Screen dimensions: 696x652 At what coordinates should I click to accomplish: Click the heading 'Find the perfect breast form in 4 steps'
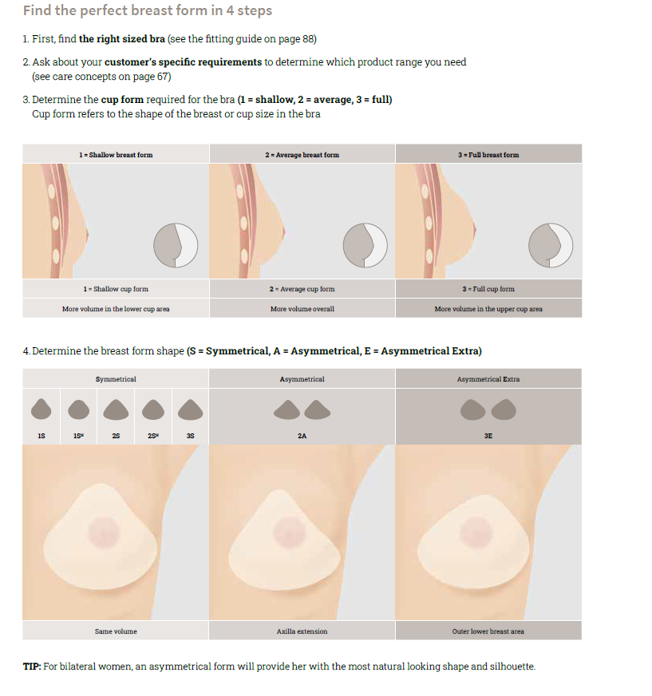[x=148, y=11]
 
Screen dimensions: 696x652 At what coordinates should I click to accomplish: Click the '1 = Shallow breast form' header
[x=116, y=155]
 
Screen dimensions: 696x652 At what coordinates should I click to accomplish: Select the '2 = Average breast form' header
[x=302, y=155]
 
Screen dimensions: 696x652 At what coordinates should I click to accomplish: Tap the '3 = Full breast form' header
[x=488, y=155]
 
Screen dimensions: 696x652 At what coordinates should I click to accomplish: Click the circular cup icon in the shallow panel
[x=175, y=245]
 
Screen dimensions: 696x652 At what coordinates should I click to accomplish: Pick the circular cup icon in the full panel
[x=550, y=245]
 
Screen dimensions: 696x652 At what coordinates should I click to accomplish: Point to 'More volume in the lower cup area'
[x=116, y=309]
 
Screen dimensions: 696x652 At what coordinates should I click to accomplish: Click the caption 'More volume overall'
[x=302, y=309]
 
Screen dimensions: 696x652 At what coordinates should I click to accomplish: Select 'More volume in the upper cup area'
[x=488, y=309]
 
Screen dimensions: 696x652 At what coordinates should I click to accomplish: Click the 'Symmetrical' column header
[x=116, y=379]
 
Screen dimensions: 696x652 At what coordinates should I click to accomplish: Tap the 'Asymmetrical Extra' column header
[x=488, y=379]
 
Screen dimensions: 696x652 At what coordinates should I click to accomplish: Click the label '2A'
[x=302, y=437]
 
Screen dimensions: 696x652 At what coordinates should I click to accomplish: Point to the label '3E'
[x=488, y=437]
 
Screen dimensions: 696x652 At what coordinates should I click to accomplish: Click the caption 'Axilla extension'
[x=302, y=631]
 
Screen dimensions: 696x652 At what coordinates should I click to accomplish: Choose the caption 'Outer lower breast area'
[x=488, y=631]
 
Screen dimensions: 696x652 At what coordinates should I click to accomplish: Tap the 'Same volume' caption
[x=116, y=631]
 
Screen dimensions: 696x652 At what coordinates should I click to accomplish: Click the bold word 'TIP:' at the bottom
[x=32, y=666]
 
